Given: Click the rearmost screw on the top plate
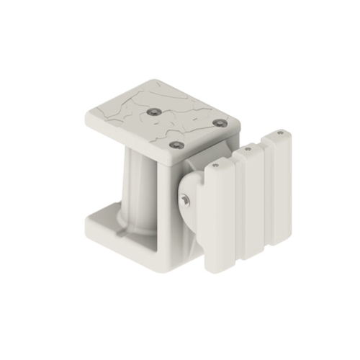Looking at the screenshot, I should click(x=156, y=112).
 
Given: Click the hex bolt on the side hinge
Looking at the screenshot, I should click(x=185, y=200).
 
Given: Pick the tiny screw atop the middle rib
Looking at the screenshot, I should click(x=247, y=149).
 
